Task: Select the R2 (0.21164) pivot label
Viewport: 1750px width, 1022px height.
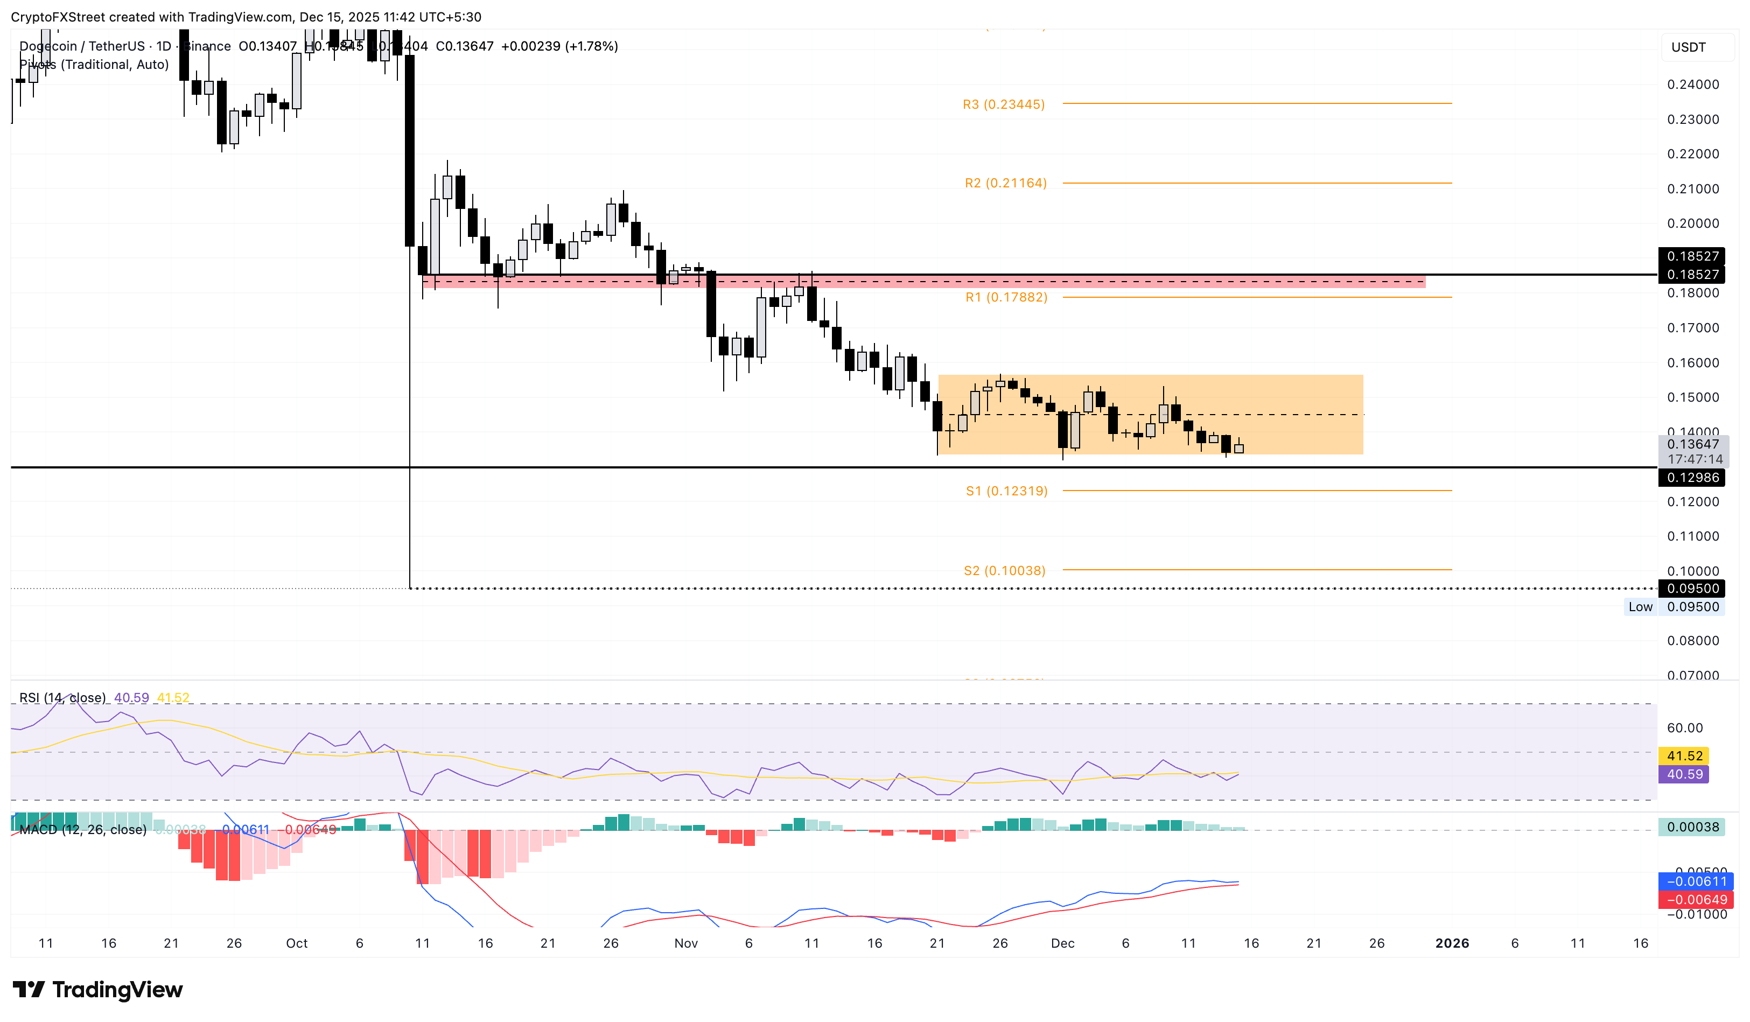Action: click(x=1005, y=183)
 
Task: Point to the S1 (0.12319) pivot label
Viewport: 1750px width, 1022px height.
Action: click(x=1006, y=491)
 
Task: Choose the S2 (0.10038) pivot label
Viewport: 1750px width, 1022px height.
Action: click(x=1004, y=571)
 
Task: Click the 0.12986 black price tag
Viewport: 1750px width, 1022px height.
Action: click(x=1692, y=478)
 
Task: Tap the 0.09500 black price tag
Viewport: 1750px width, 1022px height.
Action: click(x=1692, y=589)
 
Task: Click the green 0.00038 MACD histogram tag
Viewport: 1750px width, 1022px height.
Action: click(x=1692, y=827)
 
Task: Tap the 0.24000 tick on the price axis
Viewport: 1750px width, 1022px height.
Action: click(x=1692, y=85)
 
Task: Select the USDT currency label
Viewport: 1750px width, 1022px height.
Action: click(x=1688, y=47)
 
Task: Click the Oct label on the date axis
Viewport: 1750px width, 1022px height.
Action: click(x=297, y=943)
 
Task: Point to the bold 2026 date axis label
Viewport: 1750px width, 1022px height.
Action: click(x=1451, y=943)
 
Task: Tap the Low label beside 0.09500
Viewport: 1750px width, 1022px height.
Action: click(x=1640, y=607)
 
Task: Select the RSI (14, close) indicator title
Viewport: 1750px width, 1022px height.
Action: click(x=62, y=698)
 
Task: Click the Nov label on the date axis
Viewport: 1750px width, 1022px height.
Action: click(x=685, y=943)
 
